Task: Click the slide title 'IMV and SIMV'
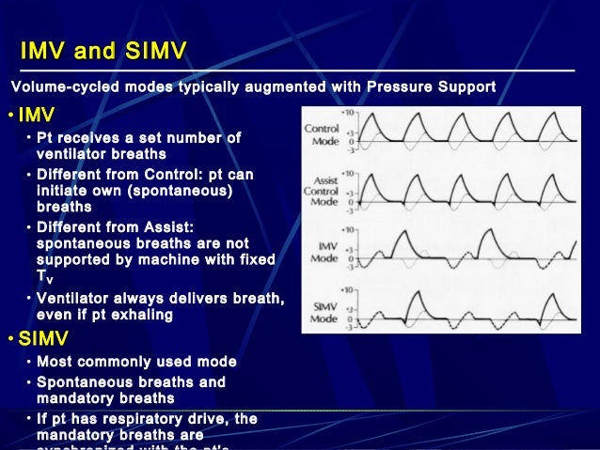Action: pyautogui.click(x=103, y=50)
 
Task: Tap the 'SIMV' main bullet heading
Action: pyautogui.click(x=43, y=338)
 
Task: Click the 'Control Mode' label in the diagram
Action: pyautogui.click(x=324, y=132)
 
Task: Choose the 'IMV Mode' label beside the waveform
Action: pyautogui.click(x=324, y=253)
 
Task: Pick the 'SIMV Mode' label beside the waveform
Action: pyautogui.click(x=324, y=313)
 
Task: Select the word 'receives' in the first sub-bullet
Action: pyautogui.click(x=91, y=138)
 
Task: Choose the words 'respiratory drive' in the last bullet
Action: pyautogui.click(x=152, y=419)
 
